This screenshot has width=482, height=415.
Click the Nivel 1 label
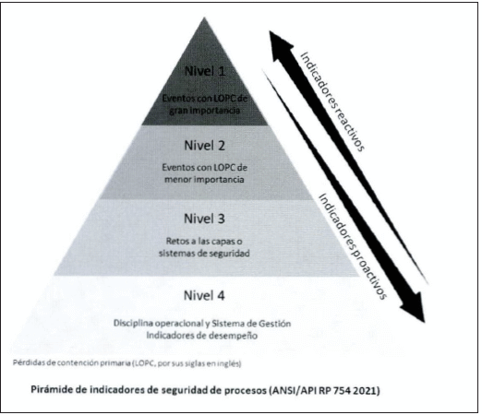205,71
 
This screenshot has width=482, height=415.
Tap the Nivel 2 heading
205,146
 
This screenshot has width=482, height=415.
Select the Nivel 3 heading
204,219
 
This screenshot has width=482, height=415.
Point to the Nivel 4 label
204,295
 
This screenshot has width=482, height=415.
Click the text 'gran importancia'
204,111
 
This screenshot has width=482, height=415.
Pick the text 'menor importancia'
204,179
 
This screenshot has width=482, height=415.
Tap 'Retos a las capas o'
204,241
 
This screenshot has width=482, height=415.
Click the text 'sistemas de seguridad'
204,254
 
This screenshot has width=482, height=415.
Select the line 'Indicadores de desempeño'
202,335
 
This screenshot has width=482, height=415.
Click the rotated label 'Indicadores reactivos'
332,101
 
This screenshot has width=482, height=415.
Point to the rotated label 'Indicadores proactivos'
353,246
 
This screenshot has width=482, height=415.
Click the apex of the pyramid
204,18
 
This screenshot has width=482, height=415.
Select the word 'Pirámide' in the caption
48,390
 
